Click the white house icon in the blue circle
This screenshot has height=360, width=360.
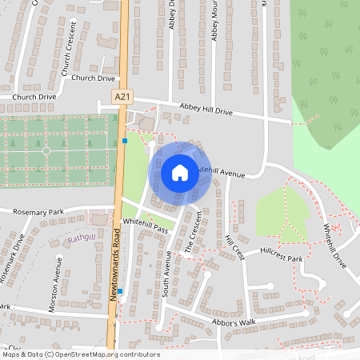180,173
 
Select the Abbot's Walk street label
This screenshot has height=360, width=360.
233,322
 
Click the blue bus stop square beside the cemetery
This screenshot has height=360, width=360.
126,141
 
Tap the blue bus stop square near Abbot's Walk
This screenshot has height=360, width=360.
121,302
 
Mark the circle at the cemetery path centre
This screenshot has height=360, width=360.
46,150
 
